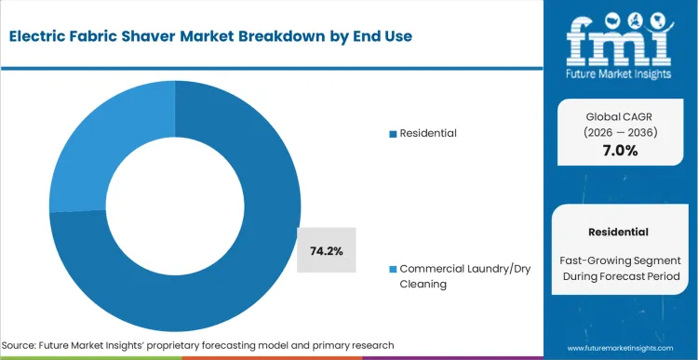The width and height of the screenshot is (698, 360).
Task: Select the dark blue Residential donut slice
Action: click(x=233, y=279)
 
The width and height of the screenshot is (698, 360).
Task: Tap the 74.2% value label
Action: click(x=326, y=250)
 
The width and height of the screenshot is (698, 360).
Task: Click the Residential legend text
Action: click(x=428, y=133)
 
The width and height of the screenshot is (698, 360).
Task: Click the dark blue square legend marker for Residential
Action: click(x=393, y=134)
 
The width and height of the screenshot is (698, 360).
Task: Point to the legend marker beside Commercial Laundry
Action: click(x=393, y=269)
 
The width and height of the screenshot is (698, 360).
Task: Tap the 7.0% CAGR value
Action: click(x=618, y=151)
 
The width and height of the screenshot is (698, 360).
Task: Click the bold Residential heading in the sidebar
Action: click(x=618, y=231)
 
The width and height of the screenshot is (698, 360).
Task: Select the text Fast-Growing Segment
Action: click(x=618, y=260)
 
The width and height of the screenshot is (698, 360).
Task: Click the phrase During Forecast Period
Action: click(x=618, y=277)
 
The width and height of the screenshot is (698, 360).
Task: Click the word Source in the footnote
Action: click(x=25, y=345)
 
